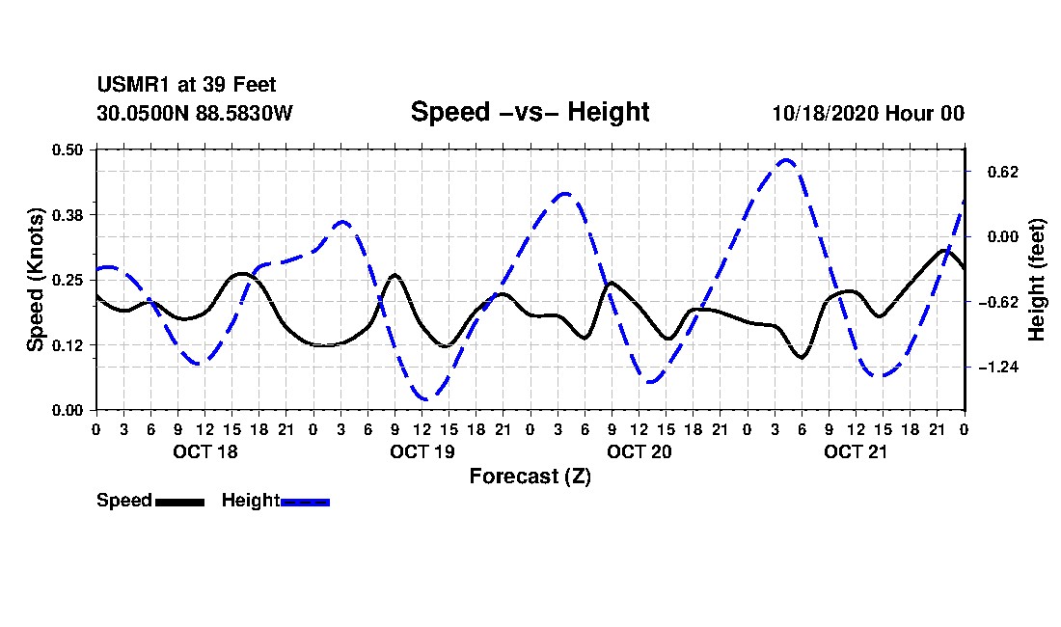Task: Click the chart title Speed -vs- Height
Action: tap(530, 112)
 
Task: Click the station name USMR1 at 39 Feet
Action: tap(186, 86)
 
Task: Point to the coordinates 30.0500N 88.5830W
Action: tap(194, 114)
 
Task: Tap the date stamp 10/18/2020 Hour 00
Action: tap(868, 114)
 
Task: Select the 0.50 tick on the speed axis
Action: tap(68, 150)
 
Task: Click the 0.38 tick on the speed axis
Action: tap(68, 214)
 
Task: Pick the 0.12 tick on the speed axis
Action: tap(68, 344)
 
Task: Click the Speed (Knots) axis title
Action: tap(36, 280)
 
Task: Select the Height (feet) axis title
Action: tap(1038, 280)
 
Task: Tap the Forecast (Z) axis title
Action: tap(530, 477)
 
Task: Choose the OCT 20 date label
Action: tap(639, 451)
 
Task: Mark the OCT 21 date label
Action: tap(856, 451)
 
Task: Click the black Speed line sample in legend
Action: tap(179, 502)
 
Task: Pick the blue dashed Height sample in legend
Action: tap(305, 502)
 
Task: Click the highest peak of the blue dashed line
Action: tap(786, 160)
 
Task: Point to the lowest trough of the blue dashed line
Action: tap(423, 399)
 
